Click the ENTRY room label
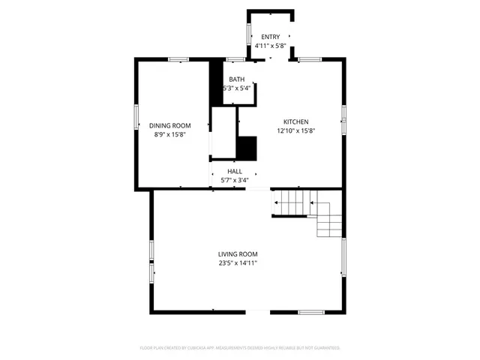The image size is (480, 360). point(270,37)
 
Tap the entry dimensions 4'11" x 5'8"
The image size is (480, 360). point(270,46)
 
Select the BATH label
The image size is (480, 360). point(236,79)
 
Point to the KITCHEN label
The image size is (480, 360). point(295,122)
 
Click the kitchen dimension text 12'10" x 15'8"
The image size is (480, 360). point(295,131)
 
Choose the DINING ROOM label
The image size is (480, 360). point(169,126)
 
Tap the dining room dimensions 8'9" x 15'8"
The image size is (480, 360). point(169,135)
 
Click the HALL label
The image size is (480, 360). point(235,172)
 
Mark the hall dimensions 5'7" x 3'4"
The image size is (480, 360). point(235,180)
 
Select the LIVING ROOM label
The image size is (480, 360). point(238,254)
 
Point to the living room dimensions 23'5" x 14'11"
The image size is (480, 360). point(238,263)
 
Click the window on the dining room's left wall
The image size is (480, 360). point(136,116)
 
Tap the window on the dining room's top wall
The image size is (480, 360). point(178,59)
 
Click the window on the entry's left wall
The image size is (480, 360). point(248,34)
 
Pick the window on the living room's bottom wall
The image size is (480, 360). point(311,311)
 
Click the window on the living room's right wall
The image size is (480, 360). point(343,257)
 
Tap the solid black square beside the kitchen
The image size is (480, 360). point(247,148)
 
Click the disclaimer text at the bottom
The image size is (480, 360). point(240,348)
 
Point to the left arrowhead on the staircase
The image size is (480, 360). point(275,202)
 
